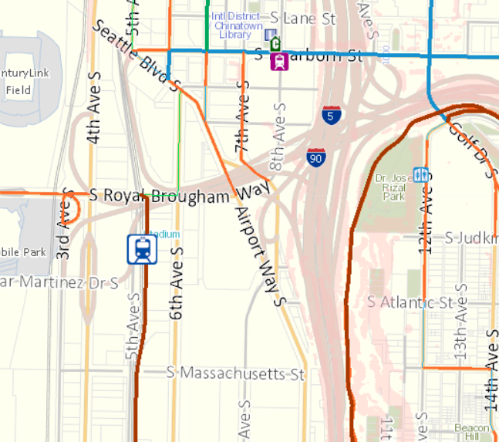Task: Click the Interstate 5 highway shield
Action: coord(332,116)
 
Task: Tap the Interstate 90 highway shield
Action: coord(316,158)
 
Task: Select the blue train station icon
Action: coord(143,249)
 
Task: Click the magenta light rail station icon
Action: coord(279,60)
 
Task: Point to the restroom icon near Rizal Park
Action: coord(420,175)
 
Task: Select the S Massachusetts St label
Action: coord(236,374)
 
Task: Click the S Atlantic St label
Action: coord(410,302)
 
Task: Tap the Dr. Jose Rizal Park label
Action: coord(389,187)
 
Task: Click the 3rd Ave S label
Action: coord(65,224)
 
